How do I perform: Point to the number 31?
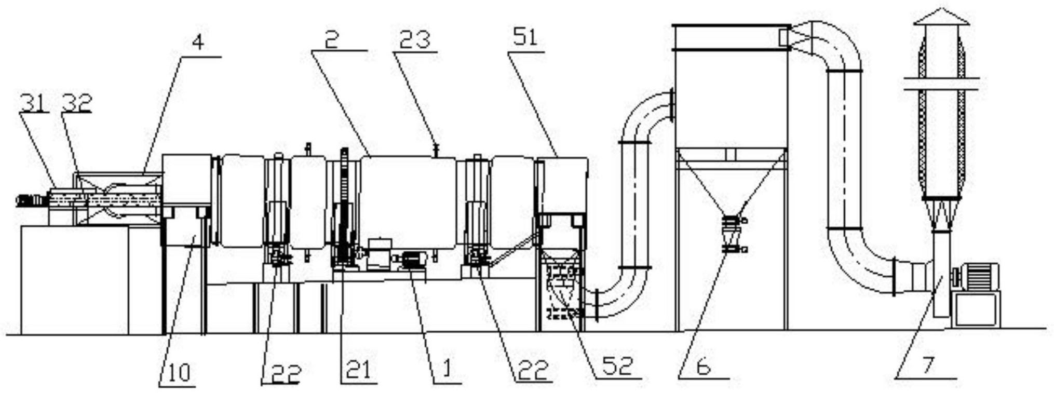coord(33,102)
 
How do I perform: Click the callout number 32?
coord(76,102)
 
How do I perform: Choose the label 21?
coord(358,370)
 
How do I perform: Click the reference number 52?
coord(618,365)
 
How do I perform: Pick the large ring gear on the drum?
coord(343,208)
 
